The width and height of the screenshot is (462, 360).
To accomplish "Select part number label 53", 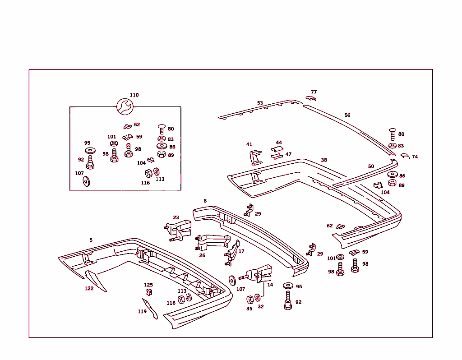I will click(260, 103).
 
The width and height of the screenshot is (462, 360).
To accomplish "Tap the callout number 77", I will click(314, 92).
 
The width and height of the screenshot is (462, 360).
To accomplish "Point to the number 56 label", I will click(347, 115).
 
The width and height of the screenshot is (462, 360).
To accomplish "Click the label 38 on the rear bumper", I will click(324, 160).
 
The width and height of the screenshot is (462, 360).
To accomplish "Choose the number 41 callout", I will click(249, 144).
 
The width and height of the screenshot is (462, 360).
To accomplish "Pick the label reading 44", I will click(279, 143).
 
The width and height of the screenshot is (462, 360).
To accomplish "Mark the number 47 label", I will click(288, 154).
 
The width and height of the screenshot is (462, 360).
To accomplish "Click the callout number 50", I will click(371, 166).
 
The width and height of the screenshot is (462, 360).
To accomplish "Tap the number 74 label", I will click(415, 157).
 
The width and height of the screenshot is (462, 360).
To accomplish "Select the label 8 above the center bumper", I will click(205, 201).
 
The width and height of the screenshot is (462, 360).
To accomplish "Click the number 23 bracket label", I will click(176, 218).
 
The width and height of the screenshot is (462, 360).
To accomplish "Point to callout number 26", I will click(202, 255).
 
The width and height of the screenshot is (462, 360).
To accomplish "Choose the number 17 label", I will click(241, 251).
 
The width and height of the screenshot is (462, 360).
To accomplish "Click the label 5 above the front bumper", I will click(91, 240).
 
